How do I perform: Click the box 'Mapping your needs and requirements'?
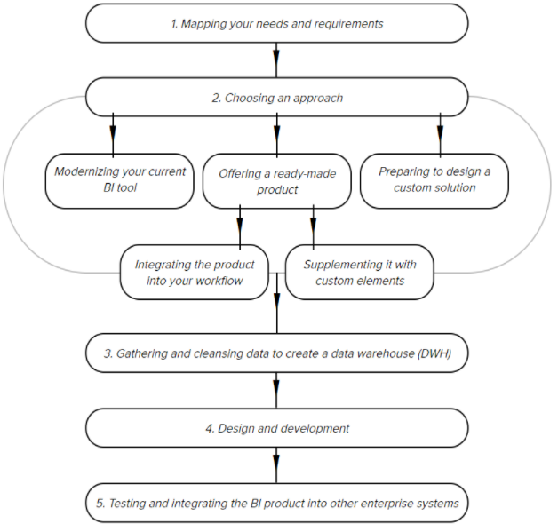coord(277,23)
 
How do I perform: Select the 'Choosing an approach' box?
coord(277,97)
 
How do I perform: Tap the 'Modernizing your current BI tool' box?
coord(120,181)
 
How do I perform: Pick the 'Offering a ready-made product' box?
coord(277,181)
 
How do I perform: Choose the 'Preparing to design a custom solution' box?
coord(434,181)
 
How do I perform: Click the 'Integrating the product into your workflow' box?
coord(195,272)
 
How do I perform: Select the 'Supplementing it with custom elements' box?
coord(360,272)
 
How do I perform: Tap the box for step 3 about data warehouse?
coord(277,353)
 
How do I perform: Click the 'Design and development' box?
coord(277,428)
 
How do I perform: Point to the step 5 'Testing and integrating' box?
coord(277,503)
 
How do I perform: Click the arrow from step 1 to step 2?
coord(276,60)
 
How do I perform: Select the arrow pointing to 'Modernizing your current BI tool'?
coord(113,135)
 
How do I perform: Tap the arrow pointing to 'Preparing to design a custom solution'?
coord(440,135)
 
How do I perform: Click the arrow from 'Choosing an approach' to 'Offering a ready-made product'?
coord(277,135)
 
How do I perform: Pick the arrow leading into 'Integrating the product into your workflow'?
coord(240,227)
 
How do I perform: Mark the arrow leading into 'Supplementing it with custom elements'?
coord(313,227)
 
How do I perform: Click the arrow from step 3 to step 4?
coord(276,391)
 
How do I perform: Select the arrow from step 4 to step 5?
coord(276,465)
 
